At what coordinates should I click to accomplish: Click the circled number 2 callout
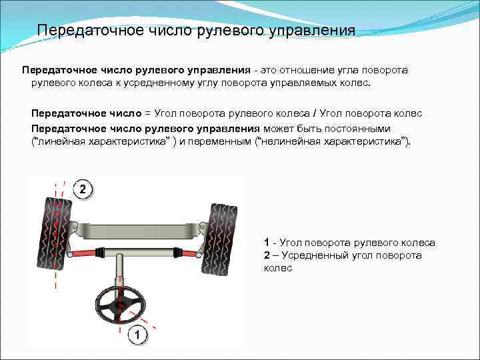coord(81,190)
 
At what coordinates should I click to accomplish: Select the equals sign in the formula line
coord(148,115)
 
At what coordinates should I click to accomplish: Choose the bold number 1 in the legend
coord(267,243)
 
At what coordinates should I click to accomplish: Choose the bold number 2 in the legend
coord(267,255)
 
